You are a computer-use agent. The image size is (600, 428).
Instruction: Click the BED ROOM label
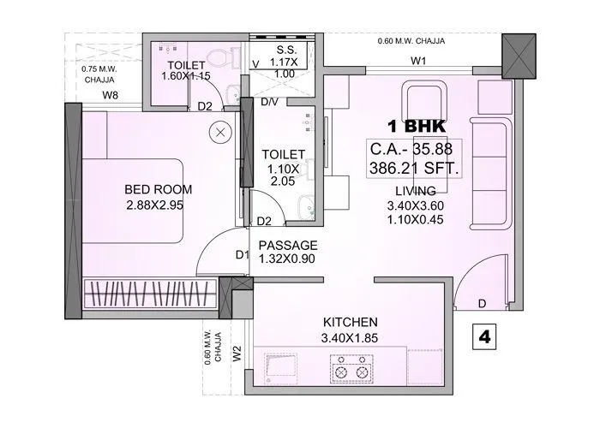pos(158,189)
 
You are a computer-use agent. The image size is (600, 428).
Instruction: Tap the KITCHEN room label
pos(351,322)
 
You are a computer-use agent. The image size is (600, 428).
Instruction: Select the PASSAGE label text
pos(288,245)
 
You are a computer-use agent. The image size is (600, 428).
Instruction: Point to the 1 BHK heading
pos(413,125)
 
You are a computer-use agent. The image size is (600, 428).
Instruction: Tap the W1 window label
pos(418,61)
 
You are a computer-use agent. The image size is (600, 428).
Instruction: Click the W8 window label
pos(111,95)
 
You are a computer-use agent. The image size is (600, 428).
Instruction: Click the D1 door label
pos(242,254)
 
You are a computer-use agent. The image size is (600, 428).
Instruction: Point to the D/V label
pos(269,102)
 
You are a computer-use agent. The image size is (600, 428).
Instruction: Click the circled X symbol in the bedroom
pos(221,133)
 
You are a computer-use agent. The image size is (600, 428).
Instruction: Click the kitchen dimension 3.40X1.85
pos(351,337)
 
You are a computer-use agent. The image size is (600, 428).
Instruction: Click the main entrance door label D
pos(483,304)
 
